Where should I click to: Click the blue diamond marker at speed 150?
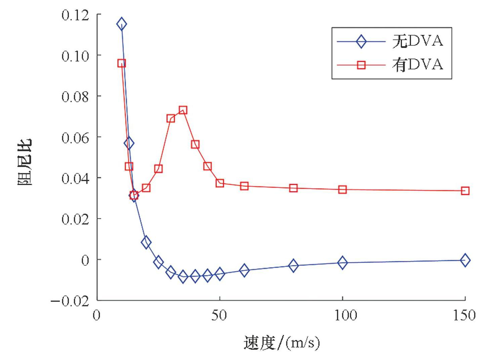click(465, 260)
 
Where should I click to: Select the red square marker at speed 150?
click(465, 191)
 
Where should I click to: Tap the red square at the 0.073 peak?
click(183, 110)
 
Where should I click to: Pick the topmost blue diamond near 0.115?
click(122, 24)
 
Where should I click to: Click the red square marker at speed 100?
click(342, 190)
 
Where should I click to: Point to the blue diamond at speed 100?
click(342, 263)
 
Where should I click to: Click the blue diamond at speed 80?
click(293, 266)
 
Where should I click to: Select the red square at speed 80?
click(293, 188)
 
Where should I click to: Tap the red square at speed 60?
click(244, 186)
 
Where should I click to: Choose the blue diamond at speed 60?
click(244, 270)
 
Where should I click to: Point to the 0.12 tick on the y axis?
click(75, 15)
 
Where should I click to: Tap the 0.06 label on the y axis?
click(75, 137)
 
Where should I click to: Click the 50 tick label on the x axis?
click(219, 316)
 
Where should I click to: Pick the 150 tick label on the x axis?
click(464, 316)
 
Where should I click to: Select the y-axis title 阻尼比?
click(26, 162)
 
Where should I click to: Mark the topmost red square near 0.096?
click(122, 63)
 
